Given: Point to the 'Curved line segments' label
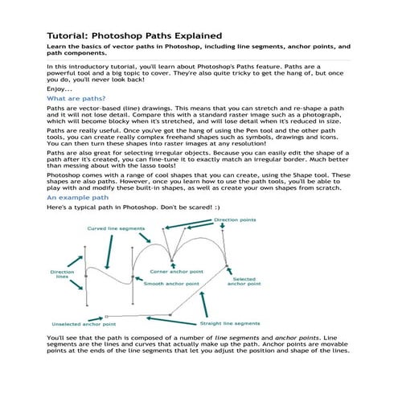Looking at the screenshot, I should click(x=116, y=228).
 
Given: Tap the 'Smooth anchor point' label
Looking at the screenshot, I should click(x=173, y=284).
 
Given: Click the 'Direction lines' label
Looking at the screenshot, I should click(x=62, y=275).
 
